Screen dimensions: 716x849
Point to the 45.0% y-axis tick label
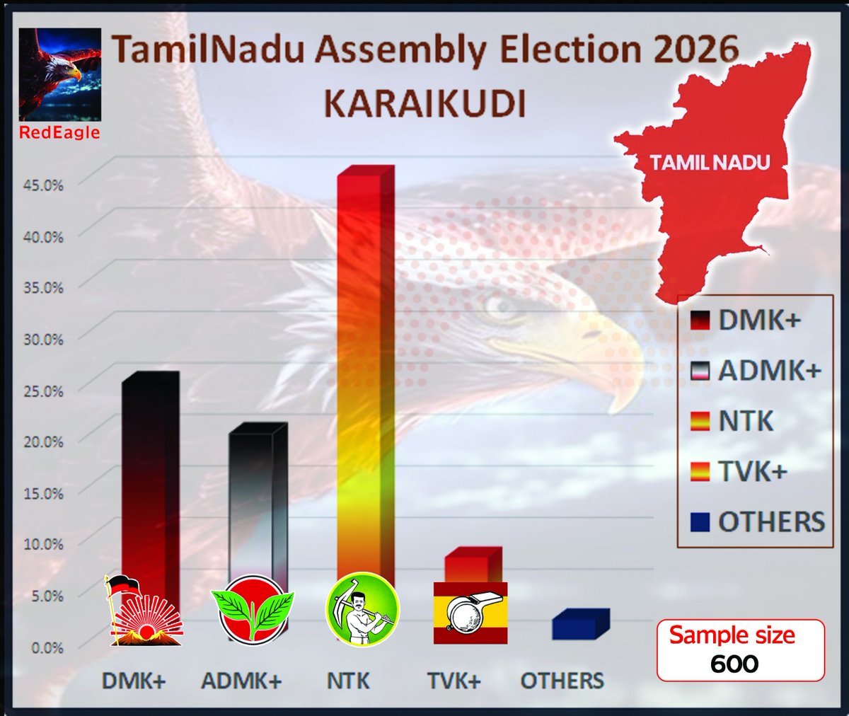tap(44, 185)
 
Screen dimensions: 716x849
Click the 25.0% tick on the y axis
tap(44, 391)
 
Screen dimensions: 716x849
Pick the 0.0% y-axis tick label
tap(47, 647)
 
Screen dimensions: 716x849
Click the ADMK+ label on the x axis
tap(241, 681)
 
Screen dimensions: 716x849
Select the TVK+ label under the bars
tap(454, 681)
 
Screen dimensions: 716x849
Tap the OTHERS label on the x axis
tap(562, 681)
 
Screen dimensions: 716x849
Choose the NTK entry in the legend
tap(746, 422)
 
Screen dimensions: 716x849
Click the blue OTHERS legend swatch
tap(699, 522)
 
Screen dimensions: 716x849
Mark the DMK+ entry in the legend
tap(758, 321)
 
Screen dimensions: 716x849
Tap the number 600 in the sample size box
tap(734, 664)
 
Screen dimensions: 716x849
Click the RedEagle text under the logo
tap(59, 132)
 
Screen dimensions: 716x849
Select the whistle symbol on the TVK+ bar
tap(470, 612)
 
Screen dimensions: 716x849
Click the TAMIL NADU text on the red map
tap(710, 162)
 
